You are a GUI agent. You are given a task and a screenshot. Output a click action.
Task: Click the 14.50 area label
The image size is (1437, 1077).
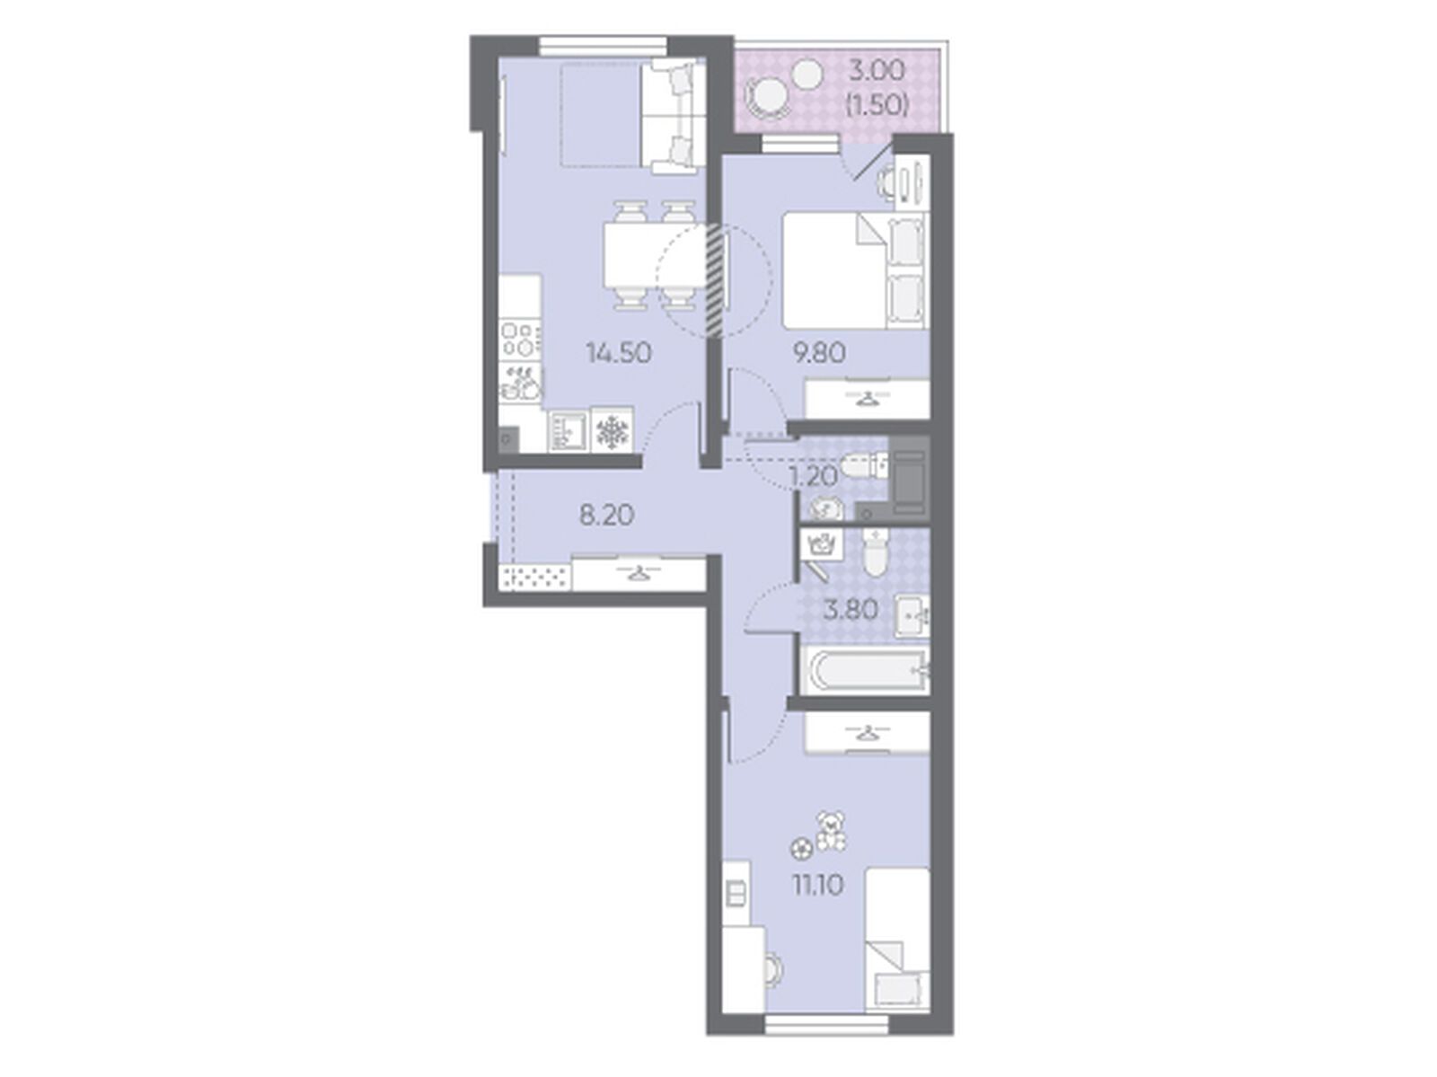(619, 354)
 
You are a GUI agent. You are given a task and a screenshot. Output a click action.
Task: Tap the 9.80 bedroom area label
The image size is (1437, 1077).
(819, 353)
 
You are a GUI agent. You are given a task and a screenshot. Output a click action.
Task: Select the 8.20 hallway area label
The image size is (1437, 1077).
(606, 516)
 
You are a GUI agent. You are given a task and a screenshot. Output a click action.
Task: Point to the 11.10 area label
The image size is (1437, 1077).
(818, 887)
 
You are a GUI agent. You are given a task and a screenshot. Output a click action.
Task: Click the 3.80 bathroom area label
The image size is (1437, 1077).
(851, 610)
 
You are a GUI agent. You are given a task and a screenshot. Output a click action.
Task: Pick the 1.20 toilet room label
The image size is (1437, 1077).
(814, 477)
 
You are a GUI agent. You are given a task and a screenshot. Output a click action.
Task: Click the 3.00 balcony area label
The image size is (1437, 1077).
(877, 70)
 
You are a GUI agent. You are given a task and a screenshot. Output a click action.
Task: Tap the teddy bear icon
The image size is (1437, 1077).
(831, 831)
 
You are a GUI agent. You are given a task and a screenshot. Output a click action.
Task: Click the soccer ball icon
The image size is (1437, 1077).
(801, 849)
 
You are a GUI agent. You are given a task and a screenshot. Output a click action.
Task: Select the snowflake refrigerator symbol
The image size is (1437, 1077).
(613, 431)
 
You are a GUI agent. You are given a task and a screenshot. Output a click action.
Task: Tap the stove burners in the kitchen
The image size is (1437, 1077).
(520, 340)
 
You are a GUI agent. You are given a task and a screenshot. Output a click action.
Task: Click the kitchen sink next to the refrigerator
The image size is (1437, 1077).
(569, 431)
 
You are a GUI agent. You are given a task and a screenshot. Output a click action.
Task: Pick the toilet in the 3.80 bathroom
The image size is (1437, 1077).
(873, 552)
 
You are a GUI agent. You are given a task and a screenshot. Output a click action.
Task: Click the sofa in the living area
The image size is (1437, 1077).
(668, 117)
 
